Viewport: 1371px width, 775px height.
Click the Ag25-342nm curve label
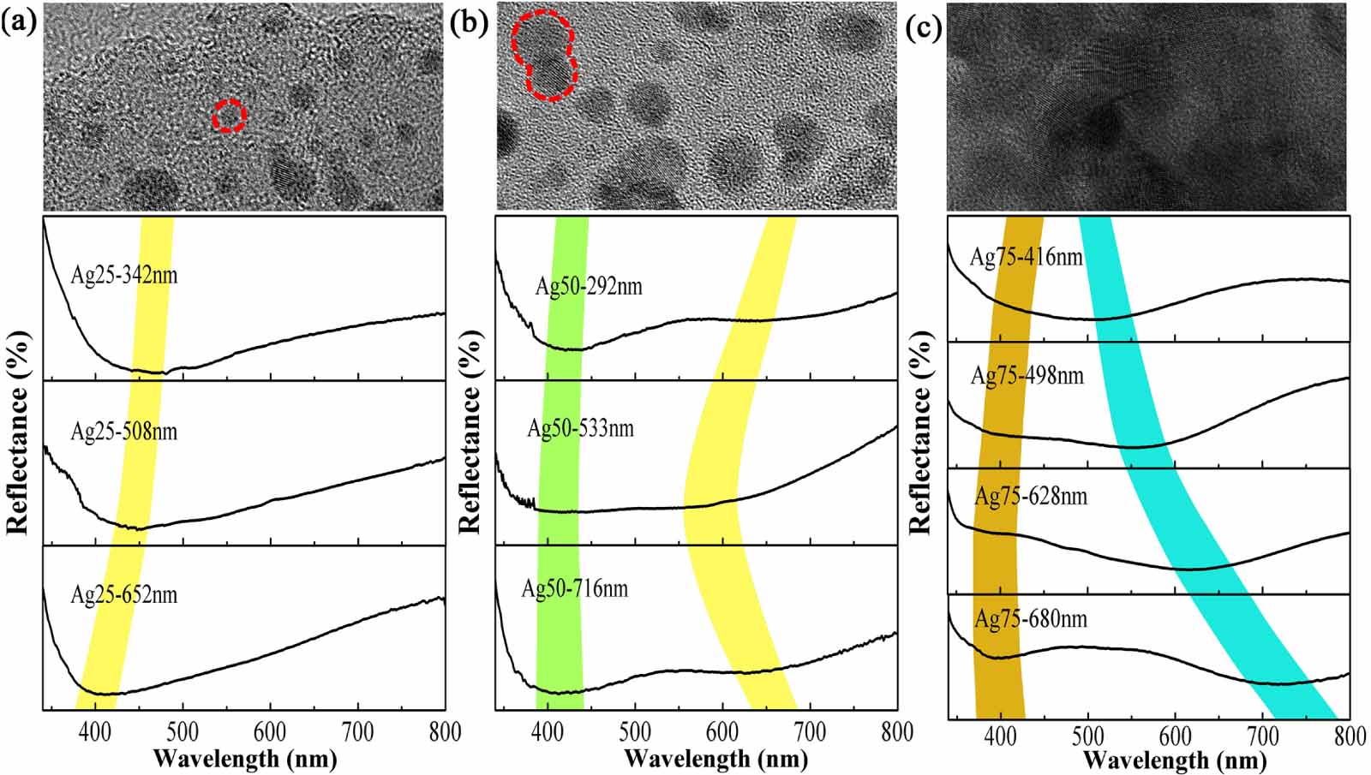coord(123,276)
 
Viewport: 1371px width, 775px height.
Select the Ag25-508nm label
coord(123,431)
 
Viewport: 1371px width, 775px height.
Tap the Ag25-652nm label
coord(123,594)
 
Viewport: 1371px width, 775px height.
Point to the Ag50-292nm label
coord(588,285)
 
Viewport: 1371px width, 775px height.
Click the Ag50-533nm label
coord(580,427)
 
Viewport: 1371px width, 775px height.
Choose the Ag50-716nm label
coord(574,588)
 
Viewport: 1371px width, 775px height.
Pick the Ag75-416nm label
coord(1026,256)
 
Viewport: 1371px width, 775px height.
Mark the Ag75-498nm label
coord(1027,375)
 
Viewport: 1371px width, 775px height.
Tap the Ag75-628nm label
coord(1030,496)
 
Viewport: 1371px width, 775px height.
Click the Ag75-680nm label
coord(1030,618)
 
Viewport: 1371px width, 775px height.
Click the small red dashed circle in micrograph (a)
coord(229,115)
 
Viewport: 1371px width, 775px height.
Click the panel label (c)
coord(924,27)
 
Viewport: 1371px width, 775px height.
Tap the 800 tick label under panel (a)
coord(444,731)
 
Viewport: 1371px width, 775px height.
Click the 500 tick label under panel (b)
coord(635,731)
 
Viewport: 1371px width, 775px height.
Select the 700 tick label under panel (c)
coord(1262,735)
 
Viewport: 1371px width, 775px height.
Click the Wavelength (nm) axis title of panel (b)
coord(715,758)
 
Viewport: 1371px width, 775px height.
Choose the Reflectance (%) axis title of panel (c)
coord(919,432)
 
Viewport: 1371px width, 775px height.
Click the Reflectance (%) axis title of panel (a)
coord(18,432)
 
